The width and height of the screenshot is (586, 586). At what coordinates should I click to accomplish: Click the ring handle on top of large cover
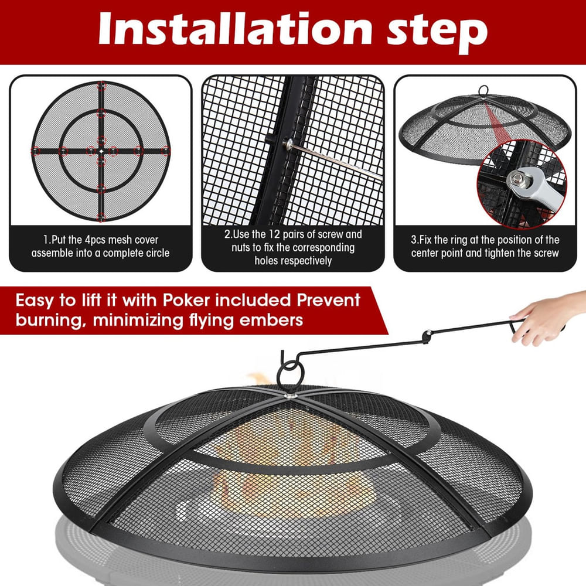(290, 373)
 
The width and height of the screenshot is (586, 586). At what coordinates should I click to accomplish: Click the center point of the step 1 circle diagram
(101, 151)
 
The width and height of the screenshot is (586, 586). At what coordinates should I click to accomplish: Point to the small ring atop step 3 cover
(484, 90)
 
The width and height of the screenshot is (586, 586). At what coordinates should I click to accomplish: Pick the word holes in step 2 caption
(268, 260)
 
